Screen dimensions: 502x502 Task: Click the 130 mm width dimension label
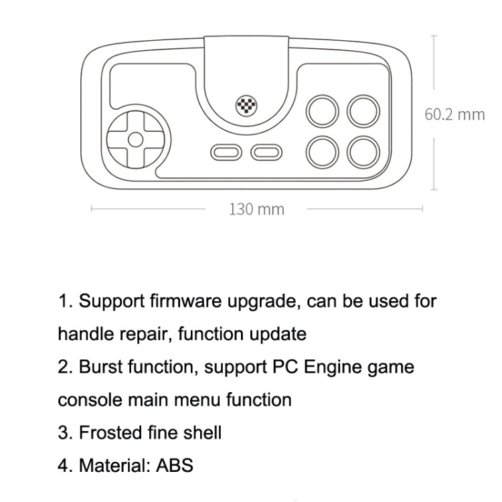pos(256,210)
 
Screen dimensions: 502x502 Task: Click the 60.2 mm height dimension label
pos(454,114)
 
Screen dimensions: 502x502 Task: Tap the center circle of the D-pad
pos(135,140)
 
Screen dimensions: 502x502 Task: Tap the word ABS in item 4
pos(175,465)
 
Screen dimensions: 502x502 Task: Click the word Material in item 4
pos(110,465)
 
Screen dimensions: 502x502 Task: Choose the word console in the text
pos(85,400)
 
